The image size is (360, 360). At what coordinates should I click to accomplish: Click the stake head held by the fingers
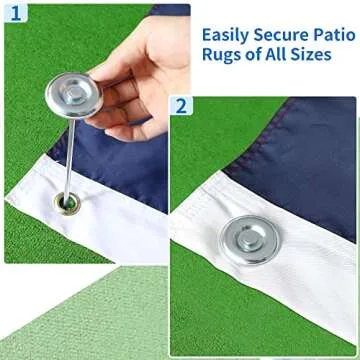pyautogui.click(x=73, y=96)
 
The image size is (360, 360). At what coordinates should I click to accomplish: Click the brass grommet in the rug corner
pyautogui.click(x=67, y=204)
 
